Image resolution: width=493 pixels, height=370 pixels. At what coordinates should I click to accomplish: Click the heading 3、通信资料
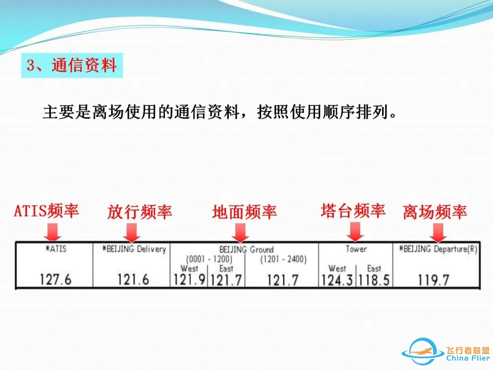point(72,65)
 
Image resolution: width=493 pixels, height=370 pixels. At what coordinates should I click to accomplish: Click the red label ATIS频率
point(47,211)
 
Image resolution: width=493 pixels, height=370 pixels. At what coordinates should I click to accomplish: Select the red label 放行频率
point(140,212)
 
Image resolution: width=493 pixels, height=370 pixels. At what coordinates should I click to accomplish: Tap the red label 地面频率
point(244,212)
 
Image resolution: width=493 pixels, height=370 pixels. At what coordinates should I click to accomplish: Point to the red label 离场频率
point(435,212)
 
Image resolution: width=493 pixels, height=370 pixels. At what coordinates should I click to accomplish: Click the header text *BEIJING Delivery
point(133,249)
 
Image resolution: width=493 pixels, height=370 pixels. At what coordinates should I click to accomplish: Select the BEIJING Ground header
point(246,250)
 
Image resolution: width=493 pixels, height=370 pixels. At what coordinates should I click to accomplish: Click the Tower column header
point(356,249)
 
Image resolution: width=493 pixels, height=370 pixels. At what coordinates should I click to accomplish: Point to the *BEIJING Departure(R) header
point(437,249)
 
